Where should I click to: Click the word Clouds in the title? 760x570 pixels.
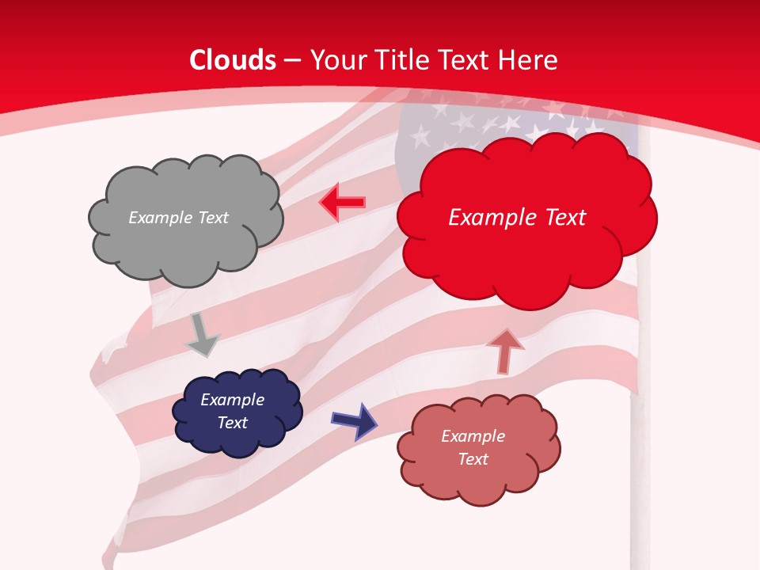click(233, 60)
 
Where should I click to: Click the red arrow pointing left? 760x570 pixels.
click(342, 203)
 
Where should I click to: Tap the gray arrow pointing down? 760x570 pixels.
click(201, 335)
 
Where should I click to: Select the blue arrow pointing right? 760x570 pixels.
click(354, 420)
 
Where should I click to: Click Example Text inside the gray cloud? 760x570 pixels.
click(178, 218)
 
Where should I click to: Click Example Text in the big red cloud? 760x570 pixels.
click(517, 218)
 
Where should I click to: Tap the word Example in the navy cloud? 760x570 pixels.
click(232, 400)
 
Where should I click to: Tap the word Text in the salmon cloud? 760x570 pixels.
click(473, 459)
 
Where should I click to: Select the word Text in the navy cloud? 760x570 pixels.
click(232, 423)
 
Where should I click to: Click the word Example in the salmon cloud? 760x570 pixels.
click(473, 436)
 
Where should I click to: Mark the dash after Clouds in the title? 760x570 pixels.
click(292, 61)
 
